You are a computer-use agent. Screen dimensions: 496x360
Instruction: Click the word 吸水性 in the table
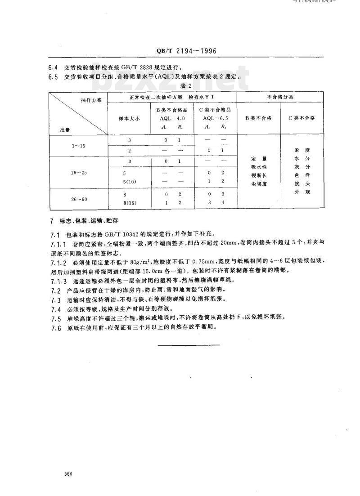258,167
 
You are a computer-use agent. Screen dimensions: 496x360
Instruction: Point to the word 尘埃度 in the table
258,183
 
